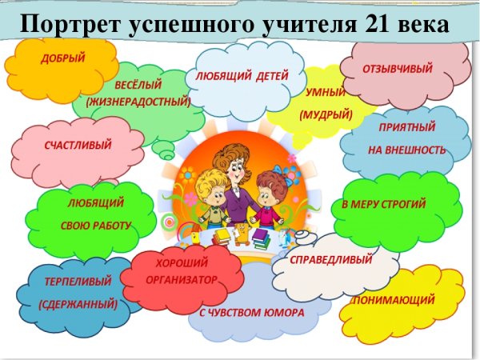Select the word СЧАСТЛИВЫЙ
[78, 145]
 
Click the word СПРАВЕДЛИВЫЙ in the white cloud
[331, 260]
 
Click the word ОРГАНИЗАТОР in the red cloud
[182, 279]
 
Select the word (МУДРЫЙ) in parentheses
[326, 114]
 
